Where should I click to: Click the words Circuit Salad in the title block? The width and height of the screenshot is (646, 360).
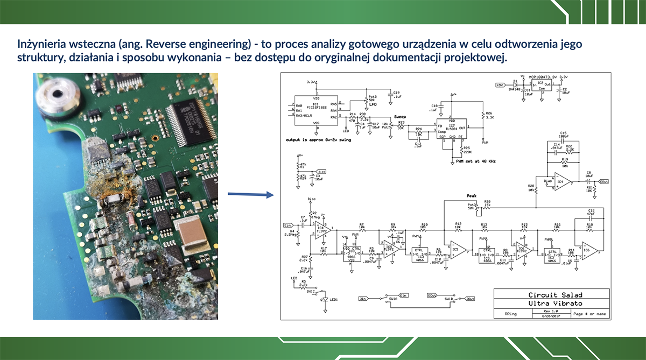551,294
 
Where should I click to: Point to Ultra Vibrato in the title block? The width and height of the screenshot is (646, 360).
551,303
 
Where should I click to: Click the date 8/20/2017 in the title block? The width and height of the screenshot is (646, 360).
551,316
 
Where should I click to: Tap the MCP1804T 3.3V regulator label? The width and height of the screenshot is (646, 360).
542,77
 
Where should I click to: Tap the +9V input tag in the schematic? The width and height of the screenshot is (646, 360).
500,84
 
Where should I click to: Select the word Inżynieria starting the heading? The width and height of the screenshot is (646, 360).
38,44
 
